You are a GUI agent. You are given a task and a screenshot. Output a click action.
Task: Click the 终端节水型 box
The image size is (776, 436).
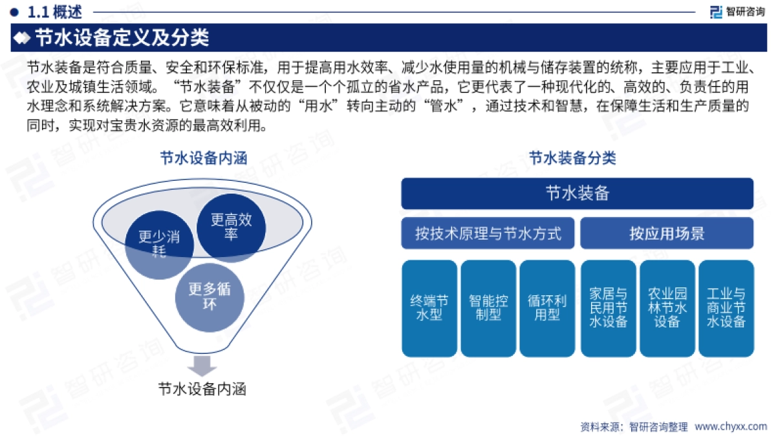[x=429, y=308]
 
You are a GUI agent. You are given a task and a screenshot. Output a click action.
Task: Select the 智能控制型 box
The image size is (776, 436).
[x=488, y=308]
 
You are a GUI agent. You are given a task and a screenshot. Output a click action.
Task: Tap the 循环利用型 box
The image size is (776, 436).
[x=547, y=308]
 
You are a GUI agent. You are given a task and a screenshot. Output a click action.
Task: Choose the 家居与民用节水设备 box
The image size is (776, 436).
[x=609, y=308]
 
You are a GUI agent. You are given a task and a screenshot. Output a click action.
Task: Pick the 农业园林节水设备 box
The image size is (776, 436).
[x=667, y=308]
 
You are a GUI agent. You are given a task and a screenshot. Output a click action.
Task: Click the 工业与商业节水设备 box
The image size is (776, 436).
[x=726, y=308]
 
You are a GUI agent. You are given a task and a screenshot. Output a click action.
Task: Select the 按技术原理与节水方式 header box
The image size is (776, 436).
[x=488, y=233]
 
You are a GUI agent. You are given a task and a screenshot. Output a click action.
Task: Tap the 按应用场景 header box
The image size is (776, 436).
[x=667, y=233]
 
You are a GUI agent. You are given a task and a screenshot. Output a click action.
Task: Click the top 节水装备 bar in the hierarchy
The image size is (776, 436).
[x=577, y=194]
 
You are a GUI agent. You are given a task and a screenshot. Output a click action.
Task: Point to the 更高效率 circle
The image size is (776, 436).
[x=231, y=227]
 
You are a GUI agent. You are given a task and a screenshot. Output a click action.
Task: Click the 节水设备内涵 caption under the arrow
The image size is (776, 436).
[x=202, y=389]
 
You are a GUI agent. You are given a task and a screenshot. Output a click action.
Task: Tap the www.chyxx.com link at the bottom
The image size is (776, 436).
[x=731, y=426]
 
